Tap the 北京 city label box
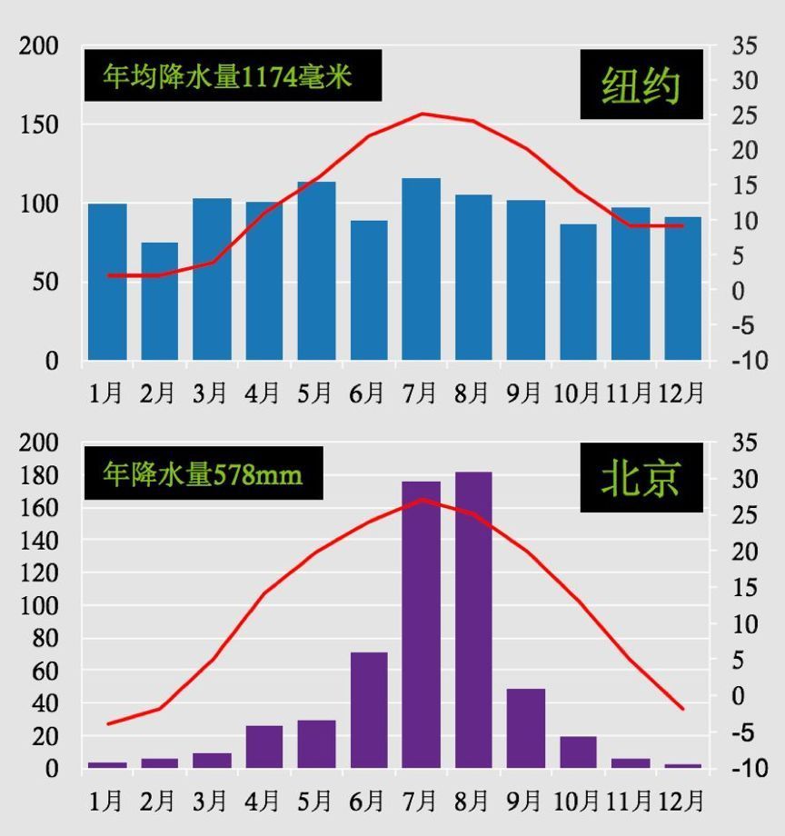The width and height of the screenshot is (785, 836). pos(641,477)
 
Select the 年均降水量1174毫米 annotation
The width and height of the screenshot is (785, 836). pos(233,75)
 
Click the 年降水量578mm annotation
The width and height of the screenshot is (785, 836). pos(203,473)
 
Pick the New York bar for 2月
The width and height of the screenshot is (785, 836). pos(159,302)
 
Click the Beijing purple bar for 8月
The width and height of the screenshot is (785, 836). pos(473,620)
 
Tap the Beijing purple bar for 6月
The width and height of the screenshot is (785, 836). pos(369,710)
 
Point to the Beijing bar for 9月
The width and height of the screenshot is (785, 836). pos(526,728)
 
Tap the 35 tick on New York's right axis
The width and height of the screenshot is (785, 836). pos(744,46)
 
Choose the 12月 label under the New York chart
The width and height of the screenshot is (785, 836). pos(681,393)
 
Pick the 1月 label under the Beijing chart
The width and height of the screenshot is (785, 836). pos(106,801)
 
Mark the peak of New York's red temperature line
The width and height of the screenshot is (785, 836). pos(422,114)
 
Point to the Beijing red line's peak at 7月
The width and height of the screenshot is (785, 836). pos(422,499)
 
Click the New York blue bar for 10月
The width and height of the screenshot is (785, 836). pos(578,292)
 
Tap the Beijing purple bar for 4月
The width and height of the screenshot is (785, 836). pos(264,746)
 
